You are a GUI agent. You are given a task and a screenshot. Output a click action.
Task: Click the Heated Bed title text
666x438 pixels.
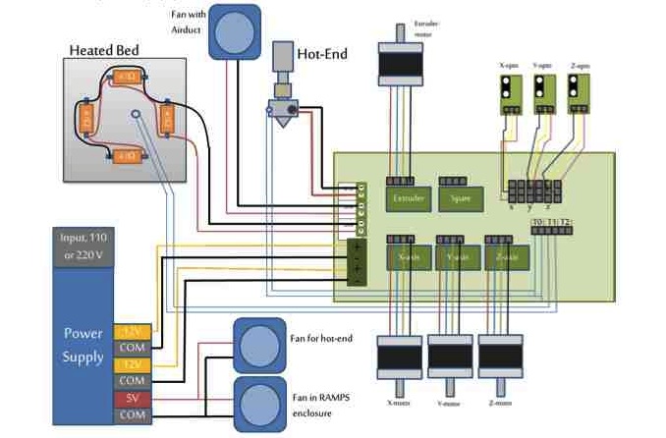(109, 51)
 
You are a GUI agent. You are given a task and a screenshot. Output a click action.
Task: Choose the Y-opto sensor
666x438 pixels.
(540, 93)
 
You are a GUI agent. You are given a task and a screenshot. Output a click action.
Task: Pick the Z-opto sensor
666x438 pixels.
(576, 93)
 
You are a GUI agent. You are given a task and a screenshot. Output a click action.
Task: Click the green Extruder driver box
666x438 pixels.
(406, 198)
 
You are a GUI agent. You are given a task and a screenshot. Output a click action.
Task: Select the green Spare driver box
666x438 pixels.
(460, 198)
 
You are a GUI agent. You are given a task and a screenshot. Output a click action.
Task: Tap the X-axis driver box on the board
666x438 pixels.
(406, 257)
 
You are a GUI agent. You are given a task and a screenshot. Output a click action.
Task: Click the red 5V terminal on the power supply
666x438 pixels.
(131, 399)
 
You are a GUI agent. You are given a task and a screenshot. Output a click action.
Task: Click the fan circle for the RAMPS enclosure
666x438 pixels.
(258, 403)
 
